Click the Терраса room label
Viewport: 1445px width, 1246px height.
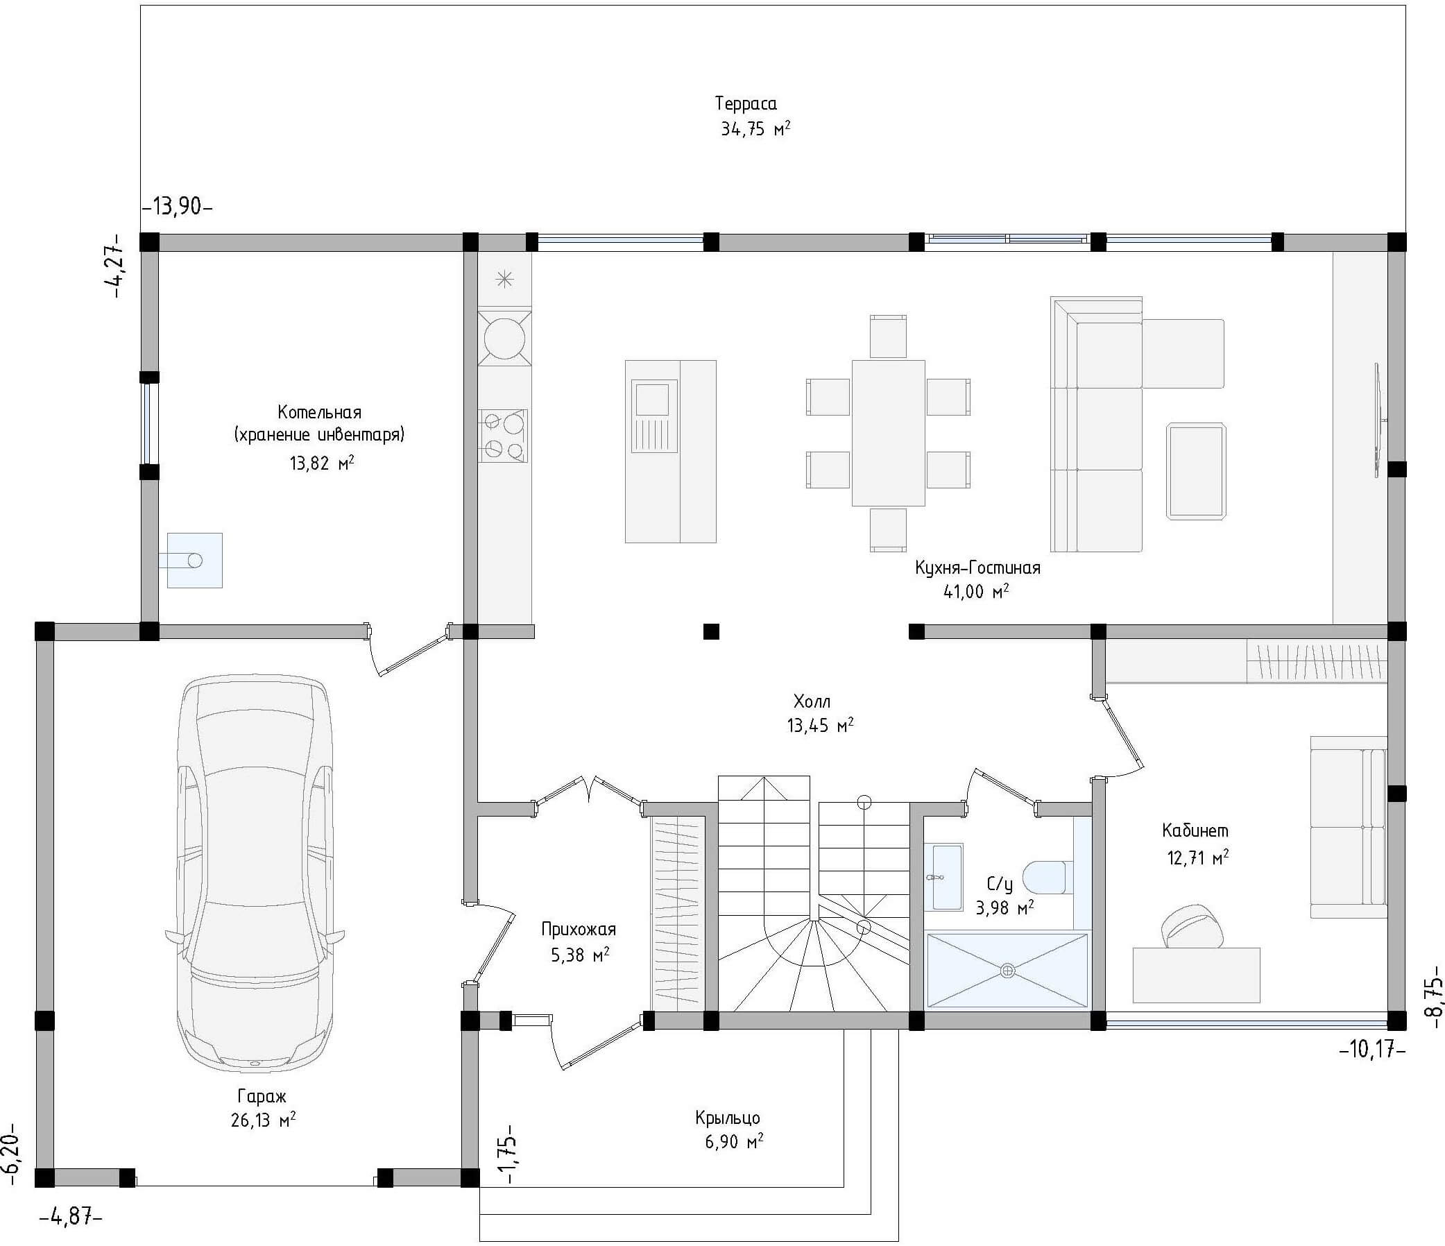click(x=746, y=104)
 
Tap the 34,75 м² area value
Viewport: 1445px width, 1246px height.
click(x=755, y=129)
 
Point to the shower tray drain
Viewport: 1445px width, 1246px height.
click(x=1007, y=971)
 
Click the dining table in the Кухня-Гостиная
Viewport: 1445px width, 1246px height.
click(x=888, y=433)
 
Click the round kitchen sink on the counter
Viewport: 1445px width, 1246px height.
click(x=504, y=338)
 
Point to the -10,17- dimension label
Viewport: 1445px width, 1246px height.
click(x=1371, y=1050)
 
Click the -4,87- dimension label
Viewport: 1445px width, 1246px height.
click(x=71, y=1218)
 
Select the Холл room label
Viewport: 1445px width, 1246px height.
click(x=812, y=701)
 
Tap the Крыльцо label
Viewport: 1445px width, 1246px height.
click(x=728, y=1118)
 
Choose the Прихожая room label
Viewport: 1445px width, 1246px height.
click(x=579, y=930)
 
